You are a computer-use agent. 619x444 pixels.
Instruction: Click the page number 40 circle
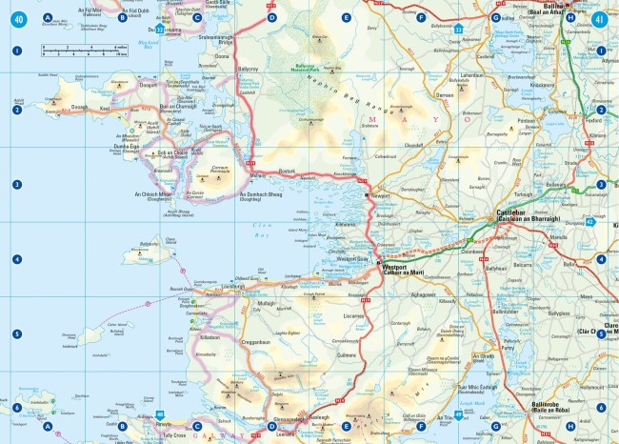click(19, 17)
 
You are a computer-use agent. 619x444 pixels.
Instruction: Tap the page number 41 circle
click(599, 17)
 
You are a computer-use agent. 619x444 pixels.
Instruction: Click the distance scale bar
click(84, 50)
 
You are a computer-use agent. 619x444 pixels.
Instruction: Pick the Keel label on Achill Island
click(107, 110)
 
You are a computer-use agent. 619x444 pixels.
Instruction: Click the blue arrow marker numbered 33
click(459, 30)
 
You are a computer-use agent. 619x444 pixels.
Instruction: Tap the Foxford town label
click(596, 120)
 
